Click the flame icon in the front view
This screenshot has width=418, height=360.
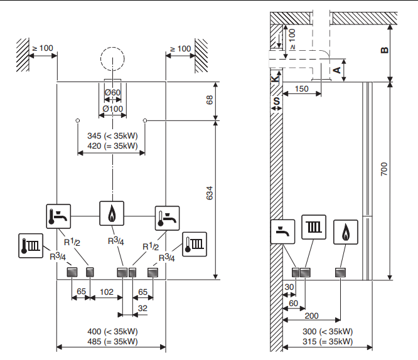(112, 213)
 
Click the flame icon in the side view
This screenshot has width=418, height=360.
(346, 232)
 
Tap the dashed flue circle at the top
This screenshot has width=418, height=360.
(112, 59)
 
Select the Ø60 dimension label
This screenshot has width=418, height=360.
(112, 92)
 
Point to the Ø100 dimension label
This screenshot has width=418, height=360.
(112, 109)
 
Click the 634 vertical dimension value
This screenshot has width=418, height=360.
(210, 193)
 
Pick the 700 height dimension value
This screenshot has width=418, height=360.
(384, 169)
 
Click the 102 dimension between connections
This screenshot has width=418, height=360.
(107, 292)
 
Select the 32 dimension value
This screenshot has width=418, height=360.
(142, 309)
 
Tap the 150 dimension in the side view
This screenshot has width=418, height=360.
(301, 88)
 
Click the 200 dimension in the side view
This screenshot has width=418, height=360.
(311, 315)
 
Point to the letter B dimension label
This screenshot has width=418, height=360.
(385, 50)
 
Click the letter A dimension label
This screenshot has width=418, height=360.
(337, 70)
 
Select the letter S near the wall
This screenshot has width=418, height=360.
(277, 101)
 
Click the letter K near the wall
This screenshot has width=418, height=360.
(274, 79)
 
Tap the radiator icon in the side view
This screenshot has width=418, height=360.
(314, 227)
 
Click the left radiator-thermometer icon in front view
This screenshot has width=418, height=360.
(31, 246)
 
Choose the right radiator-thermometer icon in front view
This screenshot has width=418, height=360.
(195, 245)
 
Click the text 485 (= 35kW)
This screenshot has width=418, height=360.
(112, 341)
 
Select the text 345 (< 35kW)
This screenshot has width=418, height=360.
(112, 136)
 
